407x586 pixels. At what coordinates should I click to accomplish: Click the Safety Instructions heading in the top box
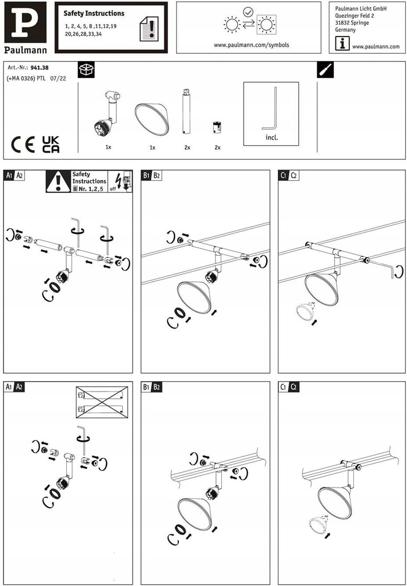pyautogui.click(x=94, y=13)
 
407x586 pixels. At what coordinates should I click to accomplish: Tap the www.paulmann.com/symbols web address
pyautogui.click(x=251, y=45)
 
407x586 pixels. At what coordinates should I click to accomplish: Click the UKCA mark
pyautogui.click(x=51, y=144)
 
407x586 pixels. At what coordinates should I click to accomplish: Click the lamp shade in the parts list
pyautogui.click(x=151, y=118)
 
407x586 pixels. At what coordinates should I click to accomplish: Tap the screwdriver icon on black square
pyautogui.click(x=325, y=70)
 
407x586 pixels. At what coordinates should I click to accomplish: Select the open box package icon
pyautogui.click(x=86, y=70)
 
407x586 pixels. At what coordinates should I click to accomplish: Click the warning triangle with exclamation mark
pyautogui.click(x=58, y=181)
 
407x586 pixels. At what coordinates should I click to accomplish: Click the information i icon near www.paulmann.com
pyautogui.click(x=342, y=43)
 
